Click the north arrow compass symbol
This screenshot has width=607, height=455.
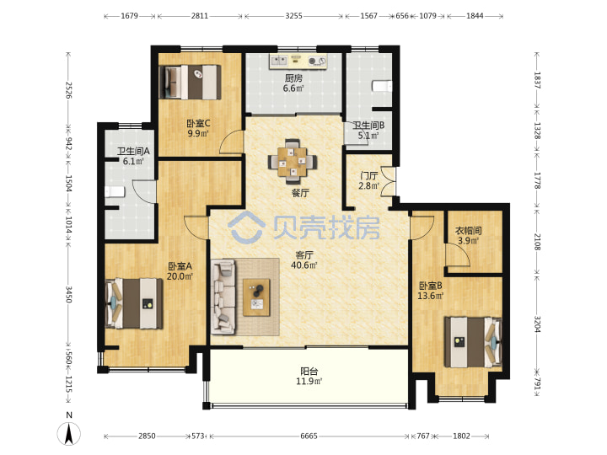point(69,433)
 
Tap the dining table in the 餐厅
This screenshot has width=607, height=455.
point(293,161)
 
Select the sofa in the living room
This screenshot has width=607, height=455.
point(223,297)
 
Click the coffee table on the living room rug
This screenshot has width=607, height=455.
point(256,297)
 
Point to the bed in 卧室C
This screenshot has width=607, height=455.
point(190,82)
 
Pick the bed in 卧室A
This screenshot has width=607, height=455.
point(134,303)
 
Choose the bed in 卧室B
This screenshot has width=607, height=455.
point(473,342)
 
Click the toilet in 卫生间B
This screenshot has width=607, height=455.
point(382,86)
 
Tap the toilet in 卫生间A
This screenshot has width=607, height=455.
point(115,192)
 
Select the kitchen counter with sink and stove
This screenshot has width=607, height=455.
point(298,62)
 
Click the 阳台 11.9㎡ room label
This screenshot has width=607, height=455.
point(309,377)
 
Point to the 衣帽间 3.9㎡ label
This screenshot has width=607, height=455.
point(468,236)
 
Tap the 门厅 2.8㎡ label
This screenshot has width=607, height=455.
point(368,180)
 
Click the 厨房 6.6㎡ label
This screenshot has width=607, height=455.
point(293,83)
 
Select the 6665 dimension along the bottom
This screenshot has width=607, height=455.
point(309,436)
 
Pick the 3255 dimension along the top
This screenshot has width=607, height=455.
point(294,16)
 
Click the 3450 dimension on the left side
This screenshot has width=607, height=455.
point(68,294)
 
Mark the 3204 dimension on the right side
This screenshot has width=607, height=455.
point(538,324)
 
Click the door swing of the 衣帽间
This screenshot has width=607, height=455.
point(457,255)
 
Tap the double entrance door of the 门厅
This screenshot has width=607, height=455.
point(389,181)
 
